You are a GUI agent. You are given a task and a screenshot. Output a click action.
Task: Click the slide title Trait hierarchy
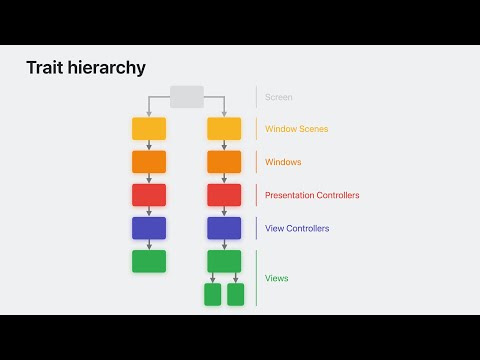86,68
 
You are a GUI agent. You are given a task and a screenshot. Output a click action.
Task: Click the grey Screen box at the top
187,96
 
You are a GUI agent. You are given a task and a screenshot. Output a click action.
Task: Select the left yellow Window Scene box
149,128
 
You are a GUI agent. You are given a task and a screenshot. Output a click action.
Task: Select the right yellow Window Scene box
224,128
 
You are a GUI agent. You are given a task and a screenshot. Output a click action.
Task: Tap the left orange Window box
149,162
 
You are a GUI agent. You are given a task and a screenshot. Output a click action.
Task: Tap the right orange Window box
224,162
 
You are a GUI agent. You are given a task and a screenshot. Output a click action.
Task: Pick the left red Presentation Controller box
149,195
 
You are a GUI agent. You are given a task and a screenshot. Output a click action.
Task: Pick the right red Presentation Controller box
224,195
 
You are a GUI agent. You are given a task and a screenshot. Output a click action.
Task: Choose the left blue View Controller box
149,228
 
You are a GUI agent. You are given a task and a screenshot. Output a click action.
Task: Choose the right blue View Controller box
224,228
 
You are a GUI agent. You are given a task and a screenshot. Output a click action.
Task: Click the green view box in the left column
149,261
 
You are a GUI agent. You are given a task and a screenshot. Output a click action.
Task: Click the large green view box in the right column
224,261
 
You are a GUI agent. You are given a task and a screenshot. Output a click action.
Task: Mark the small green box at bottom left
212,294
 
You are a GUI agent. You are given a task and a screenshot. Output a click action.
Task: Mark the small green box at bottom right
236,294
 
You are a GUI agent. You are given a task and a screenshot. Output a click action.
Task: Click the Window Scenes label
297,129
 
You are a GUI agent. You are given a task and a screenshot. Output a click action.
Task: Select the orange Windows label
283,162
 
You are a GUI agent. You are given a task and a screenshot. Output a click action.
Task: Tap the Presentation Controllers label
312,195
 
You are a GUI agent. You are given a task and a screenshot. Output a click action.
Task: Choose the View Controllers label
297,228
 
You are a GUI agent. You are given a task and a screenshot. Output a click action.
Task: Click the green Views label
277,278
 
